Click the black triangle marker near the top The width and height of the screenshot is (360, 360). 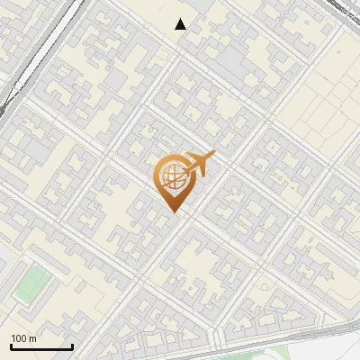(181, 24)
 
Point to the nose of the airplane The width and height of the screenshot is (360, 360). (213, 154)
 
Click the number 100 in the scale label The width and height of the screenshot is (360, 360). (19, 339)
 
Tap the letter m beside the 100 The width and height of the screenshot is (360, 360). (32, 339)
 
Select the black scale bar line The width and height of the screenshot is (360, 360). (41, 347)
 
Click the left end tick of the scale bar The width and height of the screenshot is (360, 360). (11, 346)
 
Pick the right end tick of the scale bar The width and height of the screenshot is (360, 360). (72, 346)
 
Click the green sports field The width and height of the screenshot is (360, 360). (31, 284)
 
